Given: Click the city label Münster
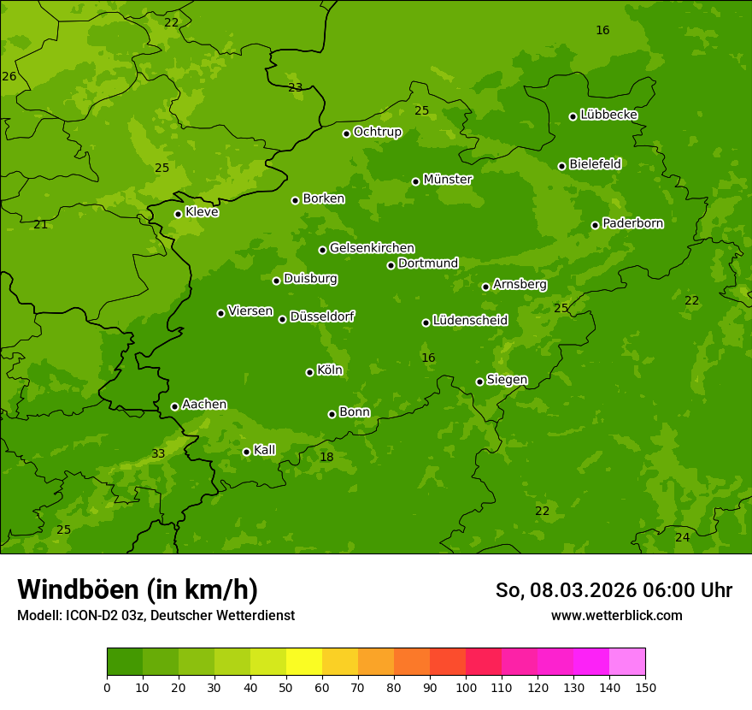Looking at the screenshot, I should [447, 180].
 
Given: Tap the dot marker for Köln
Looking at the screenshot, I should [309, 372].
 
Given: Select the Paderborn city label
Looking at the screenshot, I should [632, 223].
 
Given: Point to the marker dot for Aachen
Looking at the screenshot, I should [174, 406].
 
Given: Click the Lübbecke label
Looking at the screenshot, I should [608, 115].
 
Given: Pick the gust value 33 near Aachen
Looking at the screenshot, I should [158, 453].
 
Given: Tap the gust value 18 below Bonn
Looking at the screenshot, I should [326, 458].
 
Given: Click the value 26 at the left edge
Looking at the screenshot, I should [9, 77].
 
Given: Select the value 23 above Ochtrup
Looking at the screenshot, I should [296, 87].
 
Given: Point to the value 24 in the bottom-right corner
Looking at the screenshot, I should [682, 537].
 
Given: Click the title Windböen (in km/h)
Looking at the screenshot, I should [138, 589].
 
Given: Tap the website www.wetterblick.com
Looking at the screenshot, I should [616, 615].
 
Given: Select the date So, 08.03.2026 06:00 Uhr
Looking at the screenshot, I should [614, 590].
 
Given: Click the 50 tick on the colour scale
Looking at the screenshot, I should [286, 686].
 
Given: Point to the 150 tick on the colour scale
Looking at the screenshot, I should [645, 686].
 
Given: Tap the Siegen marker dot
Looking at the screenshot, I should [479, 382].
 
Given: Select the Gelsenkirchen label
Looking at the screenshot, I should [372, 248].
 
